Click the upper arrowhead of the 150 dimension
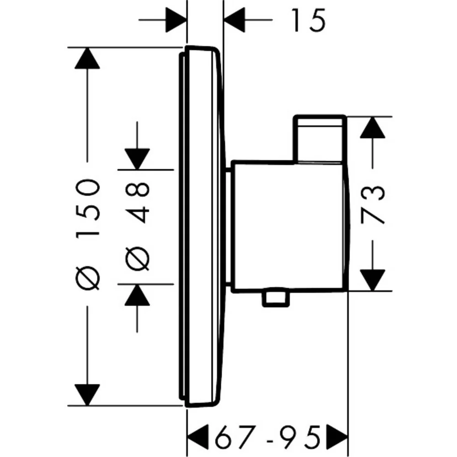[x=87, y=58]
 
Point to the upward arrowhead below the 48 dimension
[x=137, y=295]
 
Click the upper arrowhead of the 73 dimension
[x=372, y=128]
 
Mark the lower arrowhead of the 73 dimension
[x=372, y=280]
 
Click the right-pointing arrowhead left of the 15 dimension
[x=176, y=20]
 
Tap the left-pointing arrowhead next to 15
[x=234, y=20]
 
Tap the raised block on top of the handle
[x=320, y=139]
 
